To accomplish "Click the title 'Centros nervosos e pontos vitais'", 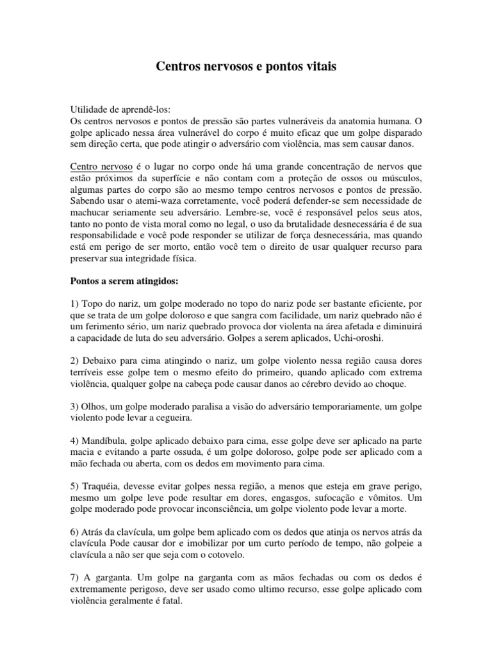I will [246, 67].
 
